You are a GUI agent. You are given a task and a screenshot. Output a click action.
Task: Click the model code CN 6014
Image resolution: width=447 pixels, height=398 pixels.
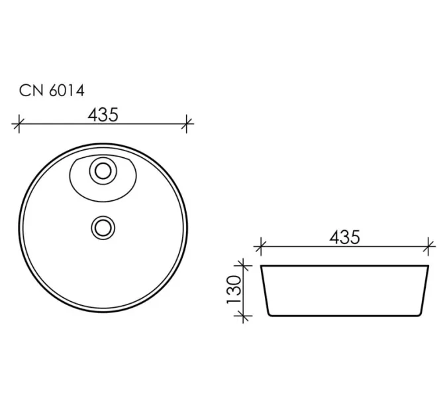point(51,92)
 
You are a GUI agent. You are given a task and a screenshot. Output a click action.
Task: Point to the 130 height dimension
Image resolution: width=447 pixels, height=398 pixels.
point(233,291)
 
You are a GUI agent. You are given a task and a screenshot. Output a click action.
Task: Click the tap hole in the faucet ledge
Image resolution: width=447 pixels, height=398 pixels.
point(103,172)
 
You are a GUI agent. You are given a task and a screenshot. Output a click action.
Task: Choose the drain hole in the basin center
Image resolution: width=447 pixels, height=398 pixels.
point(103,227)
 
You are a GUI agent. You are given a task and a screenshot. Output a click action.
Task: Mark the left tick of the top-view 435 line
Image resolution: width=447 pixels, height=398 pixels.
point(19,122)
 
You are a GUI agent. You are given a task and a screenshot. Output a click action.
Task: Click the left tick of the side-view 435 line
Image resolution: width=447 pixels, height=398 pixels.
point(260,246)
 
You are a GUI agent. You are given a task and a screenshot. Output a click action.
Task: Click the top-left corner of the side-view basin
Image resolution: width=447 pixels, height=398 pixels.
point(262,267)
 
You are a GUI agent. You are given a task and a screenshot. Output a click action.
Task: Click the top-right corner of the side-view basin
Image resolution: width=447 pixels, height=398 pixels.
point(429,267)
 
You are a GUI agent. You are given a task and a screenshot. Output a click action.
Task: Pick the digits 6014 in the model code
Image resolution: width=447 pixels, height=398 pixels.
point(65,92)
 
